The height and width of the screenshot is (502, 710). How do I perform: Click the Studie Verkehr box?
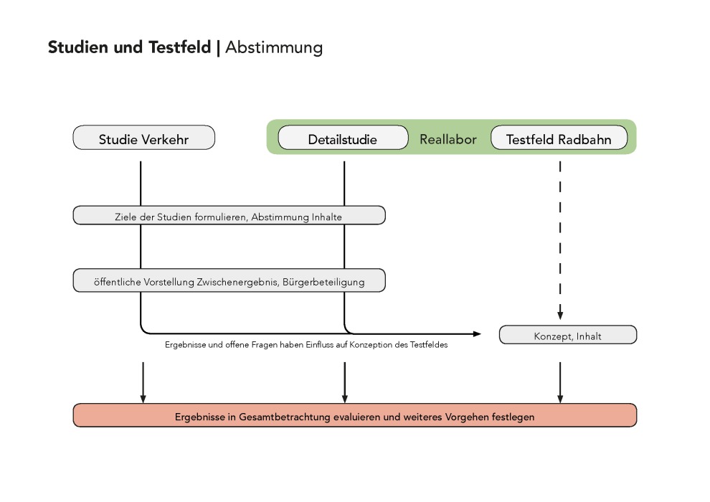(x=144, y=138)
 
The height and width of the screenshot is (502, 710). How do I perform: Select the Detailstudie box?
(x=344, y=138)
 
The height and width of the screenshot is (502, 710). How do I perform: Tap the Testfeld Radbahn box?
(x=559, y=138)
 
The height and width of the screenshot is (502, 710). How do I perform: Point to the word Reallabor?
(x=448, y=139)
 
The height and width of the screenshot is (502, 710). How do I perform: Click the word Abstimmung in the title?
(x=274, y=47)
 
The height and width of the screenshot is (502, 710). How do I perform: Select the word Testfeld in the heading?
(x=180, y=47)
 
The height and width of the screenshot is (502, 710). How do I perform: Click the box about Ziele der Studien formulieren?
(x=229, y=215)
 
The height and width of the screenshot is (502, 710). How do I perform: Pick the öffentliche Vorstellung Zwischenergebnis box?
(x=229, y=280)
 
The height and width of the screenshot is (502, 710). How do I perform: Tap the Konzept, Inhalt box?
(x=568, y=335)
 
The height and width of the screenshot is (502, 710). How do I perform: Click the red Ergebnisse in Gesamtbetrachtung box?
(x=355, y=415)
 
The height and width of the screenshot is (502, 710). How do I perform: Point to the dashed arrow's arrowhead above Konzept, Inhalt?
(x=560, y=315)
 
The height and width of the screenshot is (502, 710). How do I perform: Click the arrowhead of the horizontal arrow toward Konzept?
(x=477, y=334)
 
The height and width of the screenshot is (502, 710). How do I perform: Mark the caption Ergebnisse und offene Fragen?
(x=306, y=345)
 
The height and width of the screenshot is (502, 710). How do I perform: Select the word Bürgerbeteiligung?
(x=323, y=282)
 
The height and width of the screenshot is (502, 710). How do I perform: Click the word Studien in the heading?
(x=78, y=47)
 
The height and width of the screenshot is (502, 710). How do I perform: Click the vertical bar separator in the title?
(x=218, y=48)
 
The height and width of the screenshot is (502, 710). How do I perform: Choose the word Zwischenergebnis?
(x=237, y=282)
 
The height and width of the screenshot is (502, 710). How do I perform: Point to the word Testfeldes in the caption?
(x=429, y=345)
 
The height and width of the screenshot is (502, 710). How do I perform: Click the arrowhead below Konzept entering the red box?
(x=560, y=399)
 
